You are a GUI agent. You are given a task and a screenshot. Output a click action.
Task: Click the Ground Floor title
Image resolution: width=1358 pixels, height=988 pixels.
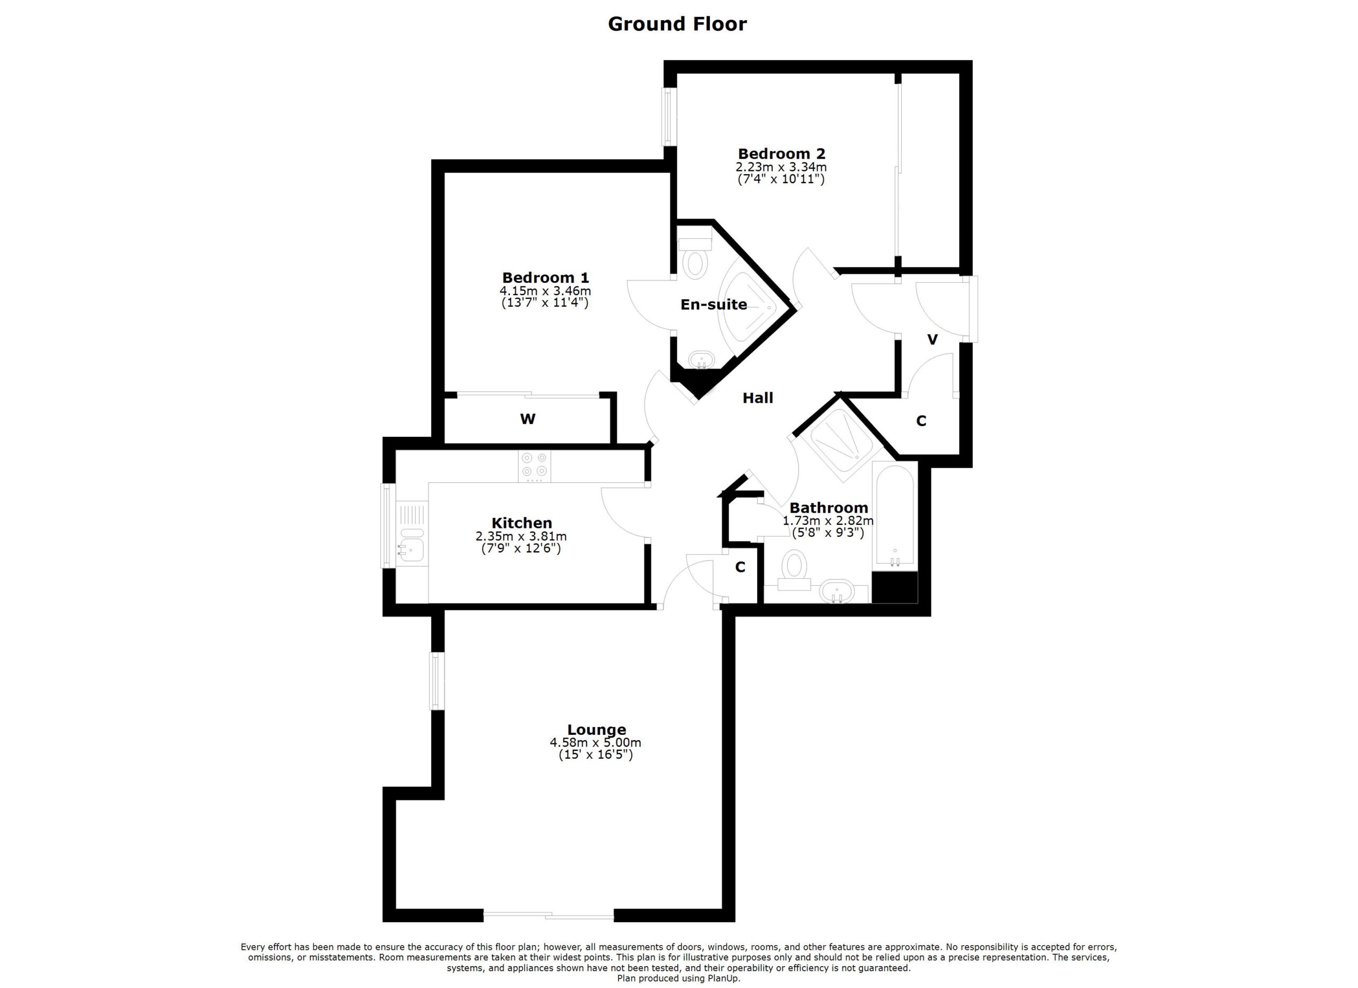coord(677,24)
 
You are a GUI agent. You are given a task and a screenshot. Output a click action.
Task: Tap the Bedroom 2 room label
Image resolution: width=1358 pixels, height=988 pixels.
coord(781,154)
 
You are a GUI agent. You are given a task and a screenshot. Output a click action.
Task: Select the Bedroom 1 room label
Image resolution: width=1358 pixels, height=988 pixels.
coord(545,278)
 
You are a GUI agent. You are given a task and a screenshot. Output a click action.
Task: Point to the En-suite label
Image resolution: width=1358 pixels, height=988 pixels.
coord(713,305)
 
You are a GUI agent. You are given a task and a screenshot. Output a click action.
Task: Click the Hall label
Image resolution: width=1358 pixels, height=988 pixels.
coord(758,397)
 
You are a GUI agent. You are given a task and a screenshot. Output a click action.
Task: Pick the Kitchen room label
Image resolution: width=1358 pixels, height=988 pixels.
coord(521,523)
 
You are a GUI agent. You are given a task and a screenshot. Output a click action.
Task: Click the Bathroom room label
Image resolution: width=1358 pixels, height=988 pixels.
coord(829,508)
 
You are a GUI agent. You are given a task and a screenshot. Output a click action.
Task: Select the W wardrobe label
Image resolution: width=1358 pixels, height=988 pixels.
coord(527,419)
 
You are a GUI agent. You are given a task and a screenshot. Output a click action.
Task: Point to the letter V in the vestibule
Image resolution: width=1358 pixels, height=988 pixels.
coord(932,340)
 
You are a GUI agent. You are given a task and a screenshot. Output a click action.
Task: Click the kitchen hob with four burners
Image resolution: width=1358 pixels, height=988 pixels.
coord(534,466)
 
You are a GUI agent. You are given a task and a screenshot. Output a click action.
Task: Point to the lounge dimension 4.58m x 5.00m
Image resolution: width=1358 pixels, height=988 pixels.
coord(595,742)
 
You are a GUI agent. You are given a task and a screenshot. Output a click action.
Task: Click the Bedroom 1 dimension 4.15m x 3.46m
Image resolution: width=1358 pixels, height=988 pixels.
coord(545,291)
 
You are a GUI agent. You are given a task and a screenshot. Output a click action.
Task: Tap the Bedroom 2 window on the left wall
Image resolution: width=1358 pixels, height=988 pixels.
coord(669,117)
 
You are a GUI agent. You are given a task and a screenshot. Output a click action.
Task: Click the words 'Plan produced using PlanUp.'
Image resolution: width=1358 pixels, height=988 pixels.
coord(678,978)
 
